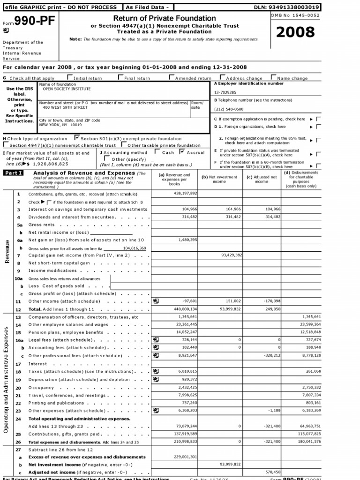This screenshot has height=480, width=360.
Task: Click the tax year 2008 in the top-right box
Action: point(295,32)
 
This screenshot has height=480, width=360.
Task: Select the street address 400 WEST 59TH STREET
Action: point(65,107)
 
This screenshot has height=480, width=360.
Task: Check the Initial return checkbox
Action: point(70,78)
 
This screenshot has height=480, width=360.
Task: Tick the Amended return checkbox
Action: point(172,78)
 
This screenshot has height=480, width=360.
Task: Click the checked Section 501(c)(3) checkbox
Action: point(77,138)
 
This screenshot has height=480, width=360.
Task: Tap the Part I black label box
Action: point(14,173)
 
